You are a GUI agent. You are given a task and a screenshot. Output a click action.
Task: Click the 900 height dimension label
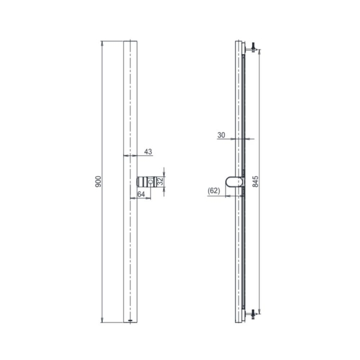98,181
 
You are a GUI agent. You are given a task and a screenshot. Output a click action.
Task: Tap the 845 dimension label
256,181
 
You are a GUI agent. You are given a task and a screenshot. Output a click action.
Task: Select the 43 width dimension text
148,151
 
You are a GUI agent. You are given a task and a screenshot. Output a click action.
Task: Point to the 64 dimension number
141,194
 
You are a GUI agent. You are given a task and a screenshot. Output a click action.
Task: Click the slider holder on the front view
151,182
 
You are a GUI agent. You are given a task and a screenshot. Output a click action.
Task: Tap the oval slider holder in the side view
236,181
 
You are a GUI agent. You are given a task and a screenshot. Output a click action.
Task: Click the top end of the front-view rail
131,42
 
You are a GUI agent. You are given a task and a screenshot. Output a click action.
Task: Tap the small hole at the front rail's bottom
131,320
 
